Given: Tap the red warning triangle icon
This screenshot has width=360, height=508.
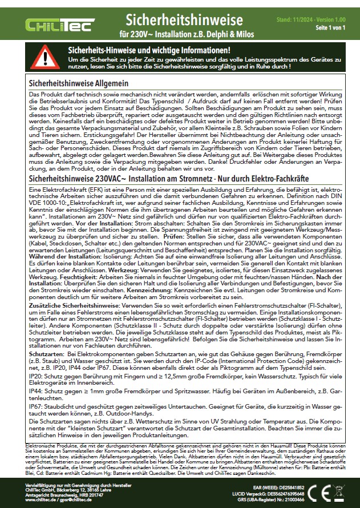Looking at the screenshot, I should pyautogui.click(x=43, y=57).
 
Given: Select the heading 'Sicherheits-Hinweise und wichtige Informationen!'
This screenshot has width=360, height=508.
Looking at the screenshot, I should pyautogui.click(x=149, y=50).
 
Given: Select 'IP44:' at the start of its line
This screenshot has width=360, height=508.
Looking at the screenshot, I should pyautogui.click(x=35, y=393).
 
